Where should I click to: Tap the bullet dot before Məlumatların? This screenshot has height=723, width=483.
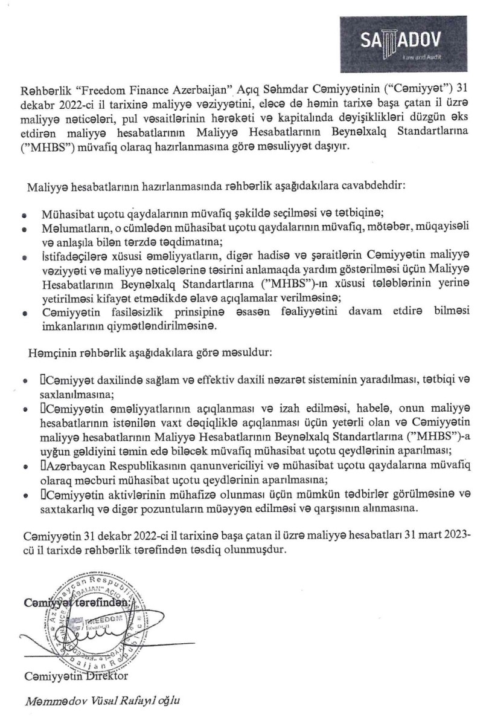point(24,230)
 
